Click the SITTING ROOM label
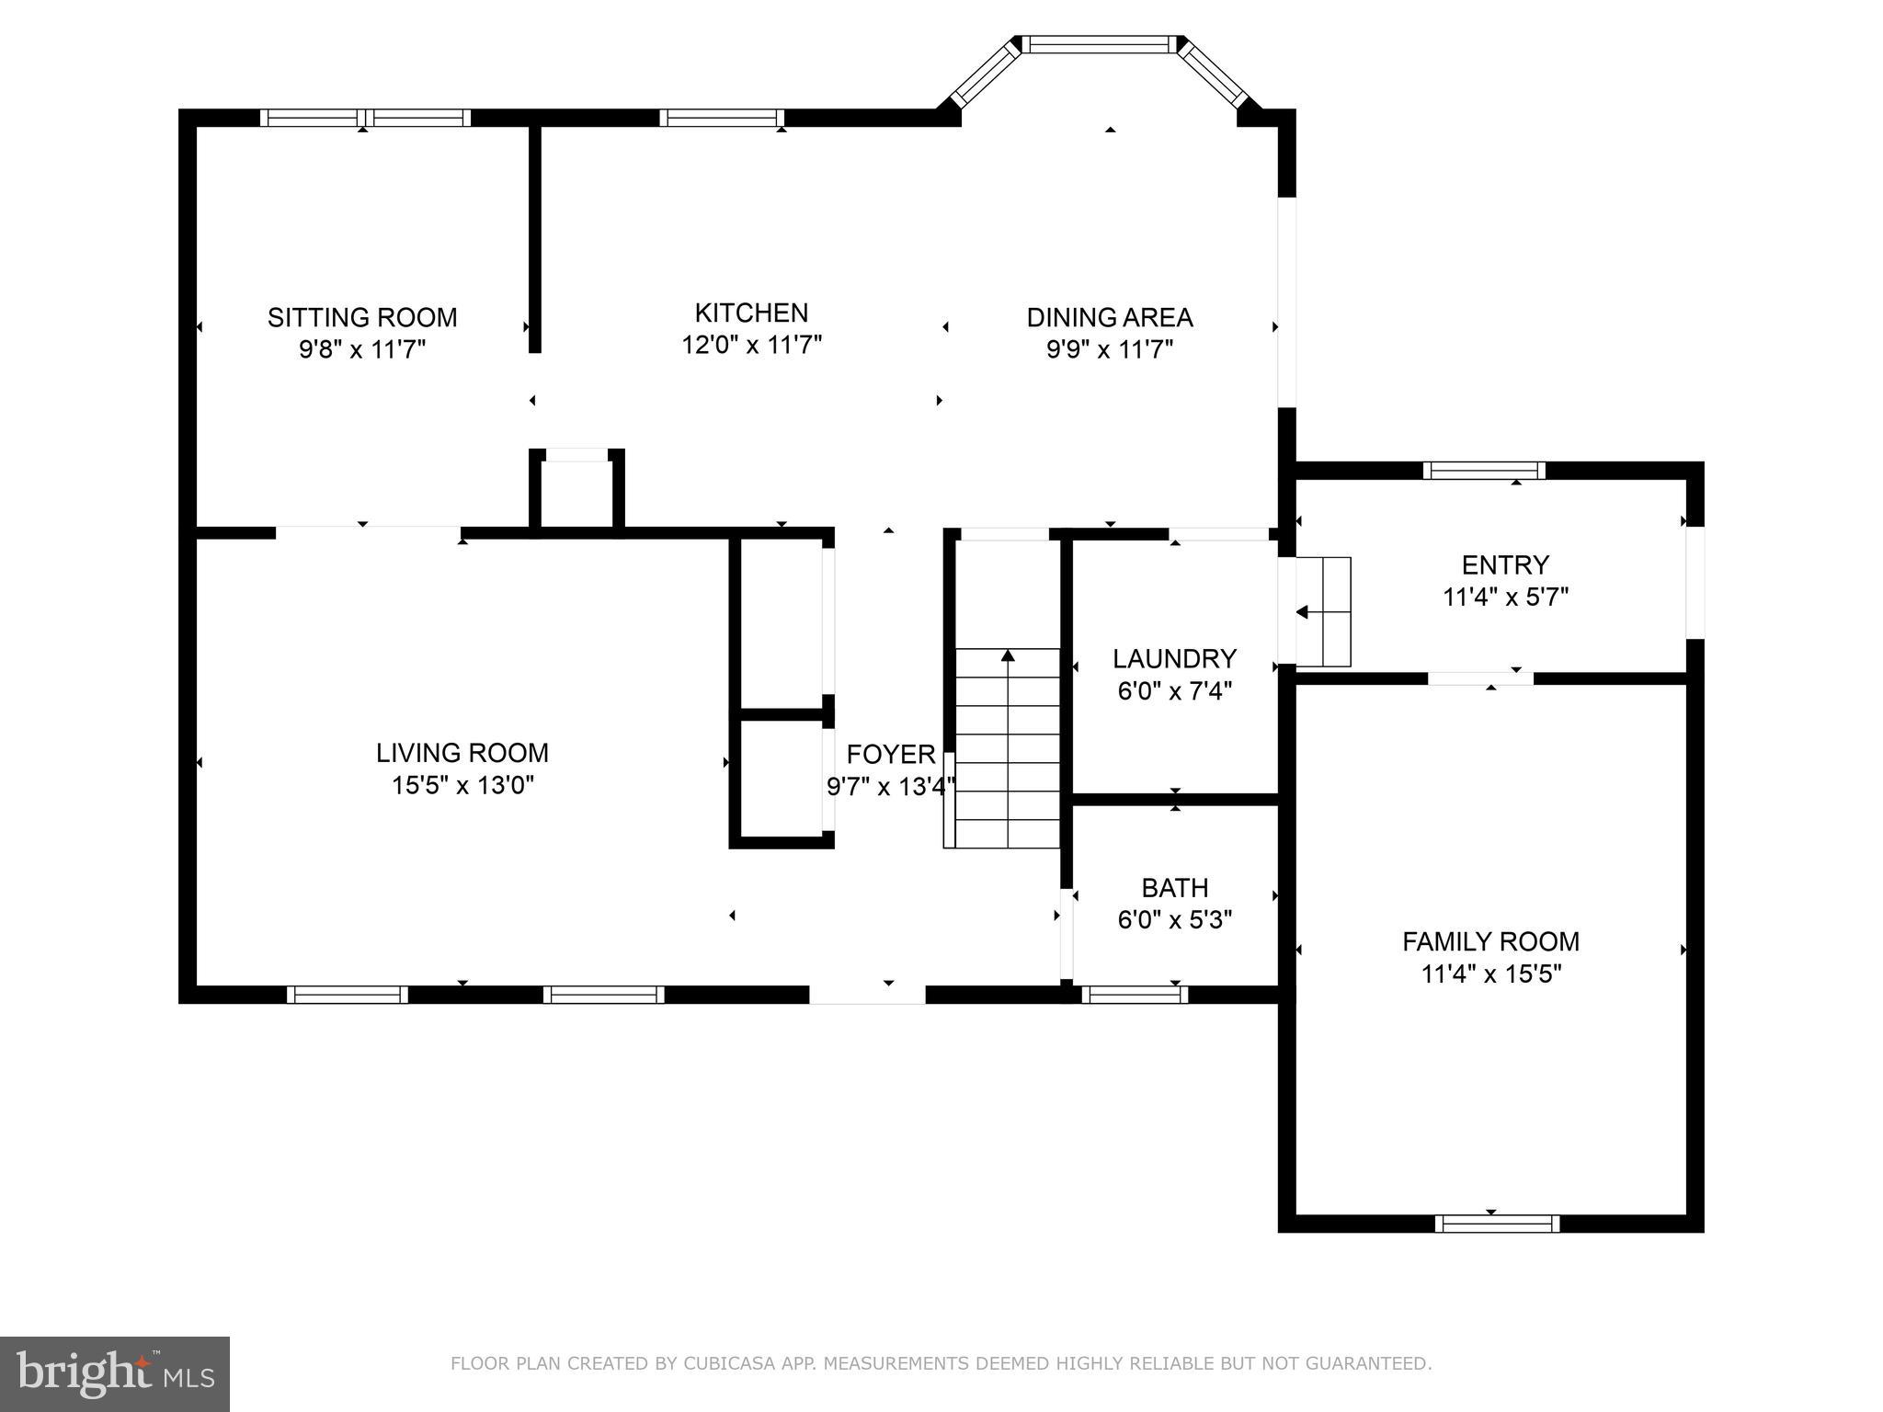(362, 318)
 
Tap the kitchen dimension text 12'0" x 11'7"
(751, 346)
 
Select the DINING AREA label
(1110, 318)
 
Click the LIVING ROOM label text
(462, 753)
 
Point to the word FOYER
(890, 755)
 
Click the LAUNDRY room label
(1174, 659)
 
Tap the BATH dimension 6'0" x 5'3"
(1174, 920)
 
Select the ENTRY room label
(1505, 564)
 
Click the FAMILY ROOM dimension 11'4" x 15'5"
(1490, 974)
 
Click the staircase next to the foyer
(1008, 746)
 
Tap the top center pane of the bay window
(1100, 44)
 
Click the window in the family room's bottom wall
(1497, 1224)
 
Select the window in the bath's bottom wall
(1135, 994)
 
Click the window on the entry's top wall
(1484, 471)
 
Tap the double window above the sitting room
(365, 118)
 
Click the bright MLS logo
(114, 1373)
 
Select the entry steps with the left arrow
(1324, 611)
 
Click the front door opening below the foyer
(867, 995)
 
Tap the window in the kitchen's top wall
(722, 118)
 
